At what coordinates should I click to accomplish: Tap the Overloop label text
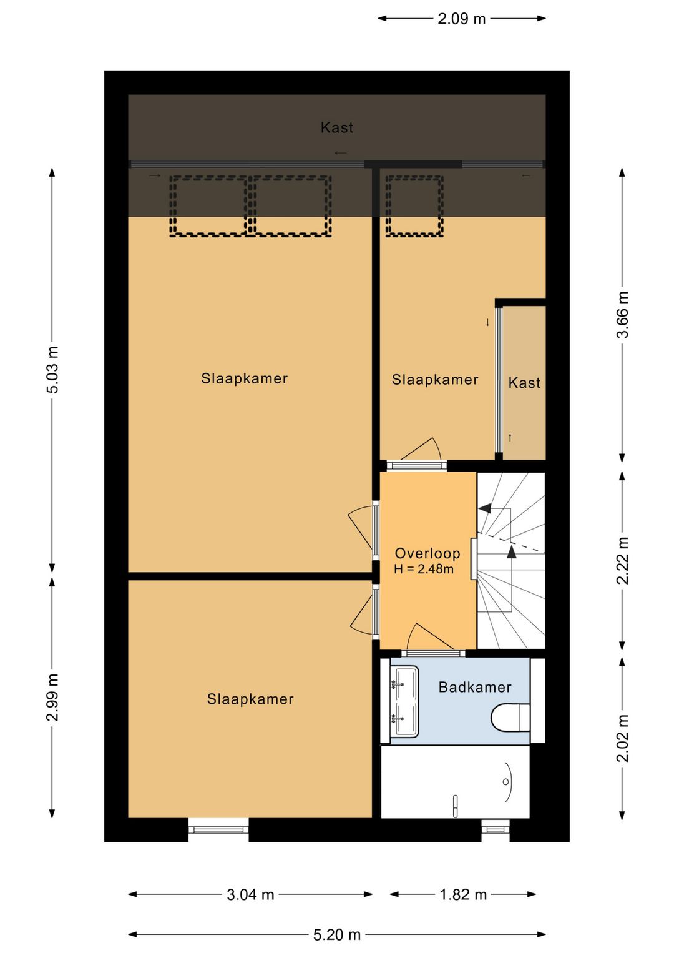tap(427, 553)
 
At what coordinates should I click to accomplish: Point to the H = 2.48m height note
tap(424, 569)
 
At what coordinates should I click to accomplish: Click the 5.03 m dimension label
tap(52, 369)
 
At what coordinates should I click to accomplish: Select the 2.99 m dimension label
tap(52, 698)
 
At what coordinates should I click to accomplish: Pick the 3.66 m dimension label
tap(622, 314)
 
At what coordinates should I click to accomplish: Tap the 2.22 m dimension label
tap(622, 561)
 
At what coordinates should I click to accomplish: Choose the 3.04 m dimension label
tap(250, 895)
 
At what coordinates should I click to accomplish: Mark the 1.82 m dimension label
tap(463, 895)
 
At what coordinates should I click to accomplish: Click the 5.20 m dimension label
tap(337, 935)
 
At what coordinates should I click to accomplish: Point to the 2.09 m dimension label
tap(462, 19)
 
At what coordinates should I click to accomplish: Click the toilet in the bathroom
tap(510, 718)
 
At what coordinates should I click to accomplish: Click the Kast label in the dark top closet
tap(337, 127)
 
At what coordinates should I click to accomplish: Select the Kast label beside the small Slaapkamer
tap(524, 382)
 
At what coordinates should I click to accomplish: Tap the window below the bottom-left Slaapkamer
tap(218, 829)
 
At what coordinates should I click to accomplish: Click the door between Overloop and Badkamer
tap(434, 654)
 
